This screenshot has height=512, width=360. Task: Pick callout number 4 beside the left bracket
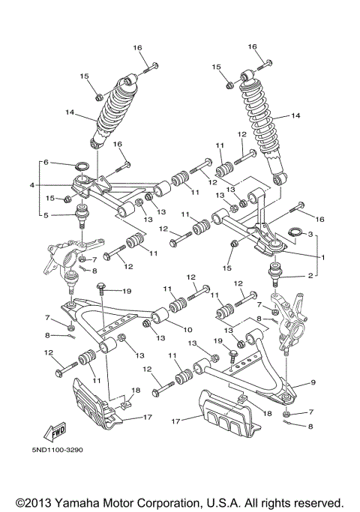click(x=46, y=163)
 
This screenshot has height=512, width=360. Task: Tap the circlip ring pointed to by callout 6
click(x=83, y=166)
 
